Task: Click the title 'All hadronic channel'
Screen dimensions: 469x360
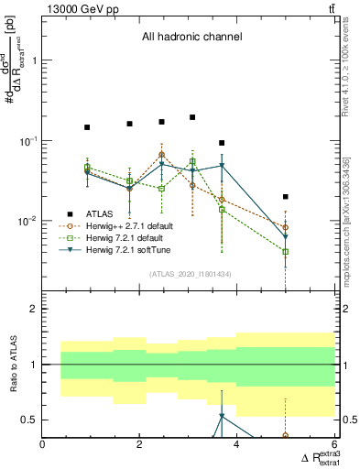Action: click(191, 38)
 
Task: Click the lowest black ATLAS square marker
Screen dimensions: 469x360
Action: click(286, 197)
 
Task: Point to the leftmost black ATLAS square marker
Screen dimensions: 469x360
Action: click(87, 127)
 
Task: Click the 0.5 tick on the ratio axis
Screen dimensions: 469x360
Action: click(30, 420)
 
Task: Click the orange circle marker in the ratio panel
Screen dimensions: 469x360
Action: click(286, 436)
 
